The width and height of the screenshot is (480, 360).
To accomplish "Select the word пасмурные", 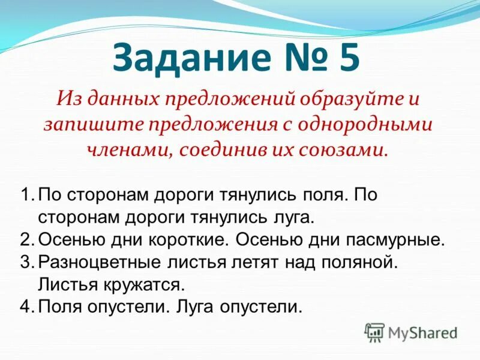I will pos(395,240).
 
